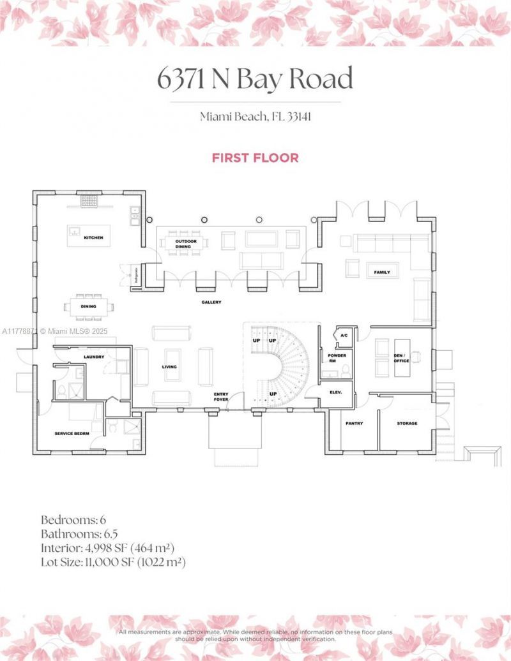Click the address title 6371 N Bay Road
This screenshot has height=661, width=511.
pos(255,79)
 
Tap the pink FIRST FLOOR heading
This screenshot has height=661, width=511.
pos(256,158)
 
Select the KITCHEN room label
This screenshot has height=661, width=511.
pos(93,237)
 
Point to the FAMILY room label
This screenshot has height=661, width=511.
pos(382,272)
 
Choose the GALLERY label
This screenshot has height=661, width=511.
pos(211,302)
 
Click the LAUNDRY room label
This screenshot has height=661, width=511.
pos(94,357)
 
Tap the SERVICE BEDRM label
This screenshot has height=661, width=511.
pos(72,433)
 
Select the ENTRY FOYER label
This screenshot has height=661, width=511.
pos(222,396)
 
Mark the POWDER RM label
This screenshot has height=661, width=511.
pos(337,357)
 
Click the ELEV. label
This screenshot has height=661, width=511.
pos(336,392)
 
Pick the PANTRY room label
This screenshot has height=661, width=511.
pos(355,423)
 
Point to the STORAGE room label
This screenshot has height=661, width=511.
pos(407,423)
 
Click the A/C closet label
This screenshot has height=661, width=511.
pos(344,335)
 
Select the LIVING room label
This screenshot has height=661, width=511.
pos(169,367)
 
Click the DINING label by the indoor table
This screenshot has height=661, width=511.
pos(88,306)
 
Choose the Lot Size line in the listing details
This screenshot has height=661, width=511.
pos(113,562)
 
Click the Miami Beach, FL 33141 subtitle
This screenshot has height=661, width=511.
pos(255,117)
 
